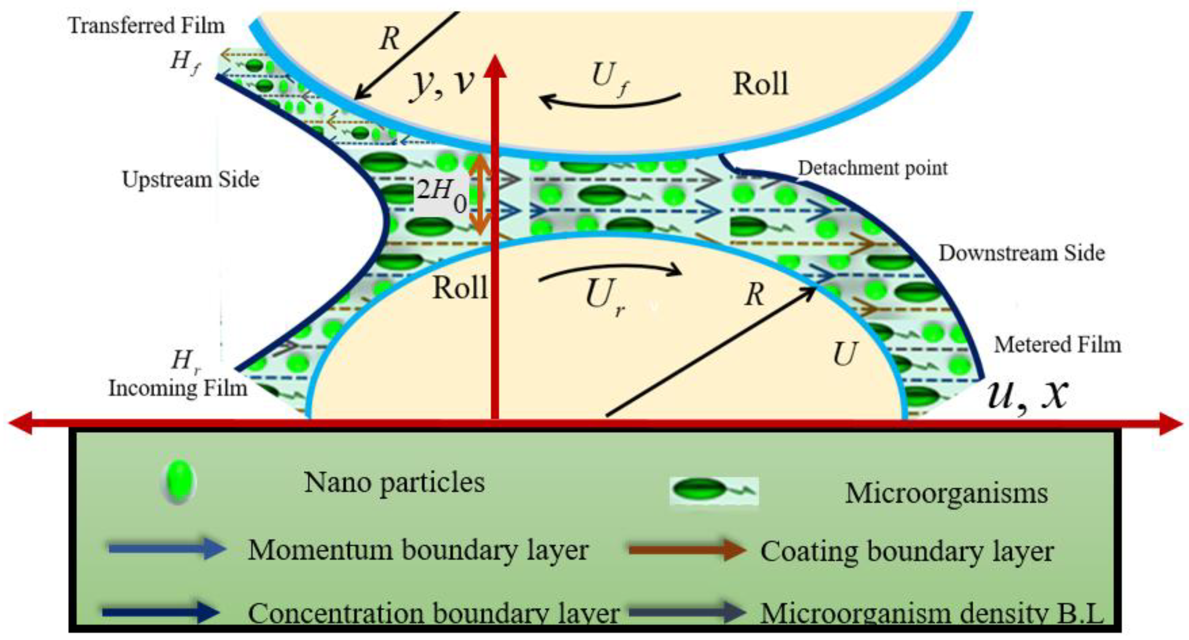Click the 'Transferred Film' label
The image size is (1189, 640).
146,25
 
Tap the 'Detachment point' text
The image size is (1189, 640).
873,168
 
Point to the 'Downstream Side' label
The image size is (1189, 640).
1022,253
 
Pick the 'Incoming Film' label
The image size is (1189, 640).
178,389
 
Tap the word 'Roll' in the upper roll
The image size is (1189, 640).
760,84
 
